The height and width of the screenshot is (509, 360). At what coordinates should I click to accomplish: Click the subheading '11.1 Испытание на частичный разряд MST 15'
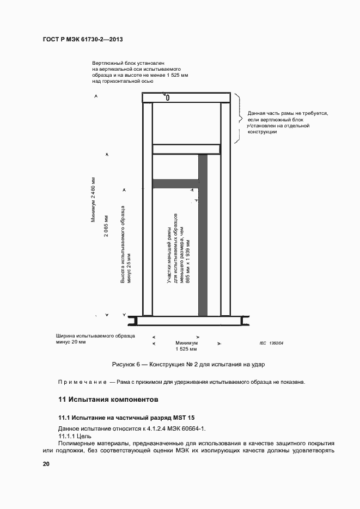(126, 418)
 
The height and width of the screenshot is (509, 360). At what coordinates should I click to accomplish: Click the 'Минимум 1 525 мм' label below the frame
(186, 347)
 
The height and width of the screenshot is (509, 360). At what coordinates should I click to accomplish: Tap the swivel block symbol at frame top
(167, 98)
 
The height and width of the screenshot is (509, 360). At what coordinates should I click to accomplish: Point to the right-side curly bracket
(238, 118)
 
